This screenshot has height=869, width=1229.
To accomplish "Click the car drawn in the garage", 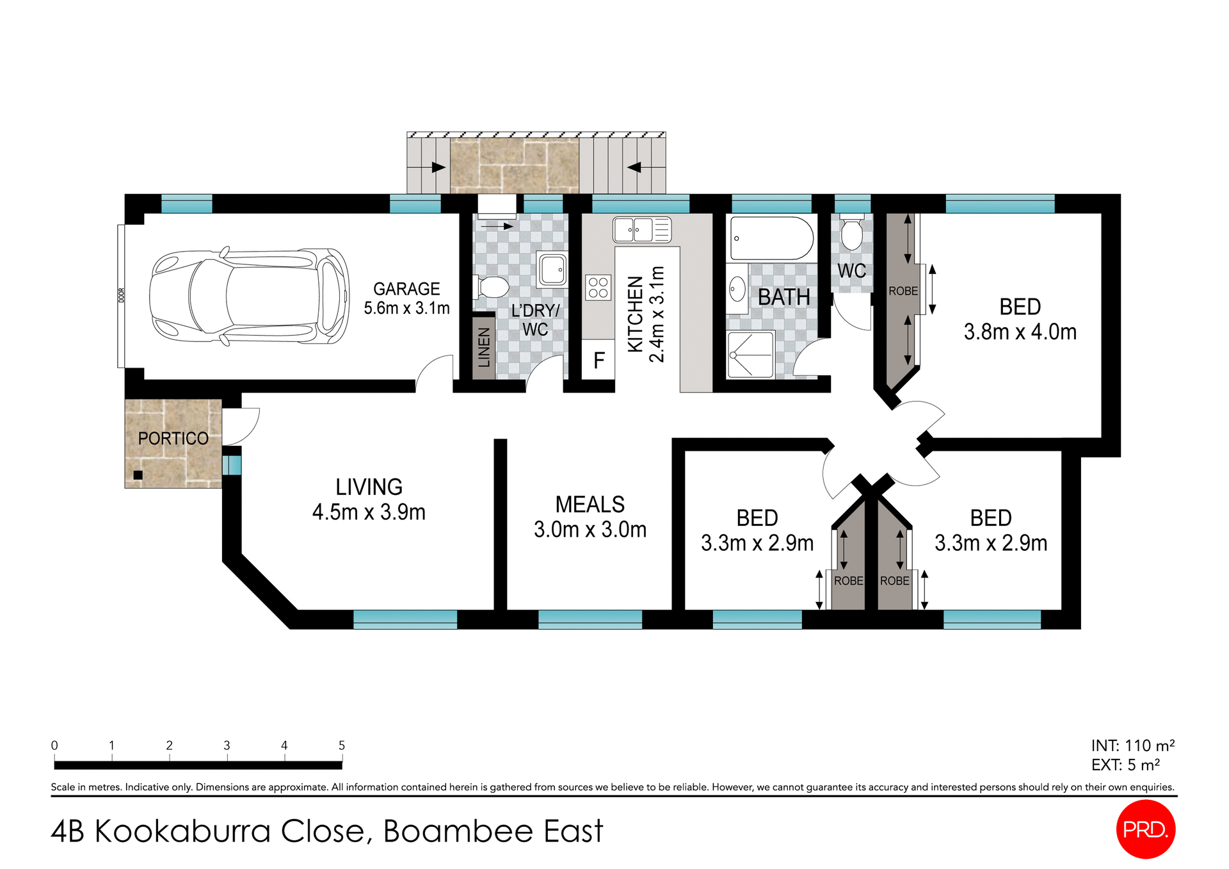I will pyautogui.click(x=250, y=296).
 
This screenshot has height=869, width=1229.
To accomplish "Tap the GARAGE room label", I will pyautogui.click(x=406, y=289).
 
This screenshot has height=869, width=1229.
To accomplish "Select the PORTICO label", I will pyautogui.click(x=173, y=439).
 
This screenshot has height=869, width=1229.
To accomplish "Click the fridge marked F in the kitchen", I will pyautogui.click(x=598, y=361).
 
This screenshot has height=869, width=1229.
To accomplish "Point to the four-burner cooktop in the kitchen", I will pyautogui.click(x=598, y=288).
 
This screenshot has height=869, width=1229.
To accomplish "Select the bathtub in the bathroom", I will pyautogui.click(x=771, y=238).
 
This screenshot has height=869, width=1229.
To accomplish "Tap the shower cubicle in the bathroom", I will pyautogui.click(x=750, y=354).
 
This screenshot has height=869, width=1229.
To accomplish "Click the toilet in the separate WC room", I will pyautogui.click(x=852, y=235).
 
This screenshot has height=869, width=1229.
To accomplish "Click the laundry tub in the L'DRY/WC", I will pyautogui.click(x=552, y=270).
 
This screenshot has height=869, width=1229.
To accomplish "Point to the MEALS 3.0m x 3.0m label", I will pyautogui.click(x=590, y=517).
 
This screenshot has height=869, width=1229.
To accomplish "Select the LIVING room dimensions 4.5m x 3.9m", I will pyautogui.click(x=369, y=512).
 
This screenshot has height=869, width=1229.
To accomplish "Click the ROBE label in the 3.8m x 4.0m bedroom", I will pyautogui.click(x=903, y=291).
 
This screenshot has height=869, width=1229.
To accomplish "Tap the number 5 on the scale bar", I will pyautogui.click(x=342, y=745).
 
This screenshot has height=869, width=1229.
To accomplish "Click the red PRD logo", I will pyautogui.click(x=1145, y=829).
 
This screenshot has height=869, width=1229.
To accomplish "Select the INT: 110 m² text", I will pyautogui.click(x=1132, y=745).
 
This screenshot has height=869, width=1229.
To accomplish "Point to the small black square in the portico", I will pyautogui.click(x=138, y=475).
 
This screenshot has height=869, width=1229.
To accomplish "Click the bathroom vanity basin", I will pyautogui.click(x=737, y=289).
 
